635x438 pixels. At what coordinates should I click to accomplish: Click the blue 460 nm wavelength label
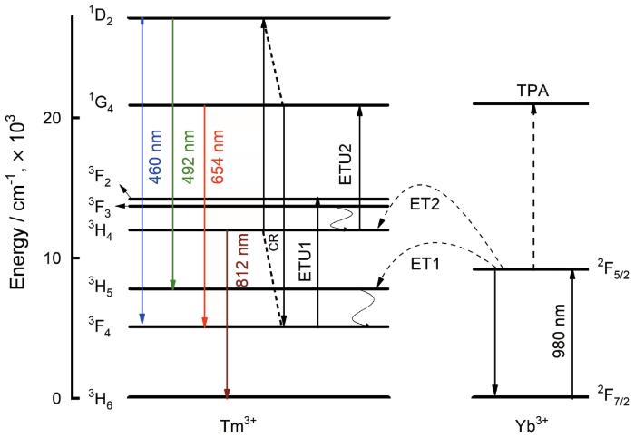click(156, 157)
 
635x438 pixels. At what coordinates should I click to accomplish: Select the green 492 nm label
click(188, 157)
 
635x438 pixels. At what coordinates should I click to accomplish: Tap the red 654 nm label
click(218, 157)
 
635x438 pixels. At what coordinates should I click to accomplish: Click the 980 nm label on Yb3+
click(559, 331)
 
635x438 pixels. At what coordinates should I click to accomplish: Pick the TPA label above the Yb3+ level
click(532, 91)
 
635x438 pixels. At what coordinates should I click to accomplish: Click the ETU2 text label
click(346, 164)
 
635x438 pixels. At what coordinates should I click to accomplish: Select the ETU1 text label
click(305, 261)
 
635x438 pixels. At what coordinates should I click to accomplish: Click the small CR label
click(274, 242)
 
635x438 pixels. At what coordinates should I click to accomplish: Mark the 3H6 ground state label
click(101, 399)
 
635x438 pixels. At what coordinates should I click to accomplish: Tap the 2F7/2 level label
click(613, 396)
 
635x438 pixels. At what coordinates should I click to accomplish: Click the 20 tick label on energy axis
click(54, 118)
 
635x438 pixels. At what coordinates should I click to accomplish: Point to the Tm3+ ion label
click(238, 425)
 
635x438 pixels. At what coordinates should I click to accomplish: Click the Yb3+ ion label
click(532, 425)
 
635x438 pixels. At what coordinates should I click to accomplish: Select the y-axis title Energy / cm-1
click(17, 201)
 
